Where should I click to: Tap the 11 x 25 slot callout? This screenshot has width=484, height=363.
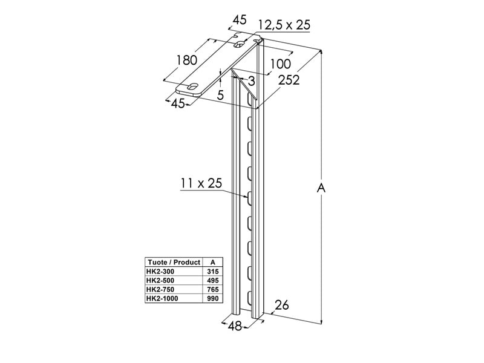coord(200,183)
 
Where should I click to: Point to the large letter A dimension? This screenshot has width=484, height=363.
coord(322,188)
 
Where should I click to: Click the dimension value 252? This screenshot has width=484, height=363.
coord(288,80)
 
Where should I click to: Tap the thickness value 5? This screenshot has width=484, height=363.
coord(220,95)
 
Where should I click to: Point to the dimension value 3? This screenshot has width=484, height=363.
coord(251,80)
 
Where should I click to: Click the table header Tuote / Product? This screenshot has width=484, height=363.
coord(173,262)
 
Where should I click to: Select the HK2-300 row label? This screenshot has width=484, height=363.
coord(160,272)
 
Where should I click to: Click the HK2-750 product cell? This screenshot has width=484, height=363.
coord(160,290)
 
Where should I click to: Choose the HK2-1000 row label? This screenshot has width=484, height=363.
coord(162,299)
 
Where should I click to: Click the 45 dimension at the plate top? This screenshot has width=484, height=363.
coord(240,20)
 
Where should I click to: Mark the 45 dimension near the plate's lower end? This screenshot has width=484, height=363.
coord(177,103)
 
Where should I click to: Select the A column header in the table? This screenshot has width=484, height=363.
coord(211,262)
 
